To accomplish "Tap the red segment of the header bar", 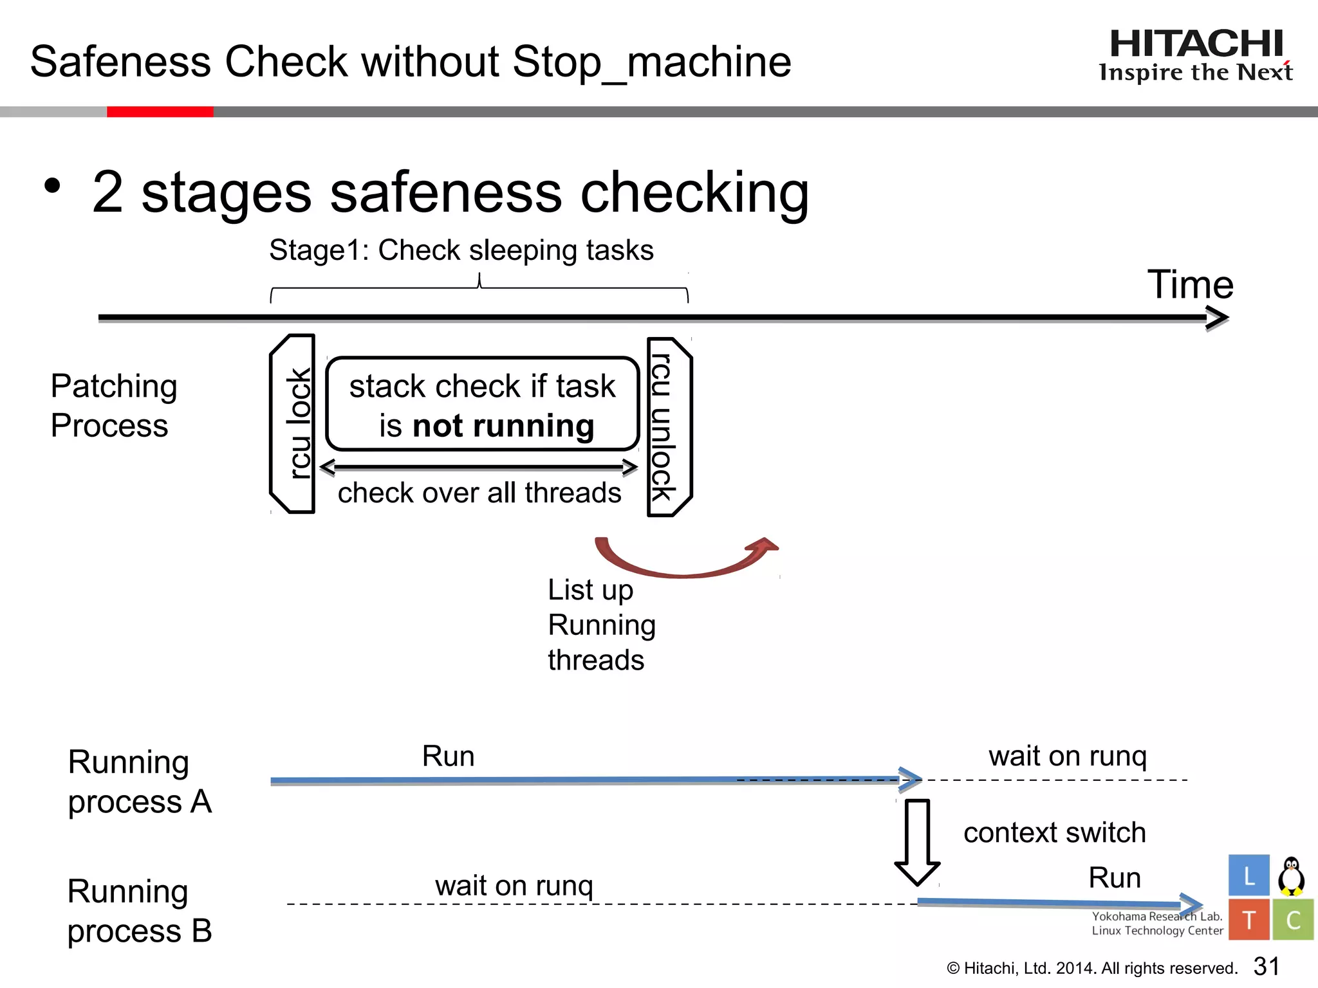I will pos(160,112).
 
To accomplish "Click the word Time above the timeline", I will pos(1190,284).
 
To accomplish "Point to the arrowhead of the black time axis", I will pos(1218,318).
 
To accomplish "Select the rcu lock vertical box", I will pos(293,424).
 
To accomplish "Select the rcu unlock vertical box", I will pos(669,427).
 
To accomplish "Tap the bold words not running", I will pos(503,426).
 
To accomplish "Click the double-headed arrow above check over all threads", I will pos(479,467).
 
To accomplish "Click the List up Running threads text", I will pos(601,625).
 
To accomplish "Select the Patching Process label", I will pos(113,406).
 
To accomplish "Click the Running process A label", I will pos(139,782).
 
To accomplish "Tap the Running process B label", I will pos(139,911).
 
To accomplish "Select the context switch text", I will pos(1054,832).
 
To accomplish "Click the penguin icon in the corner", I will pos(1291,876).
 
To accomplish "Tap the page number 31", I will pos(1266,966).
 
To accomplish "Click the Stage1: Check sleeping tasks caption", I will pos(461,250).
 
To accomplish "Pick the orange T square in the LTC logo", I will pos(1248,920).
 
